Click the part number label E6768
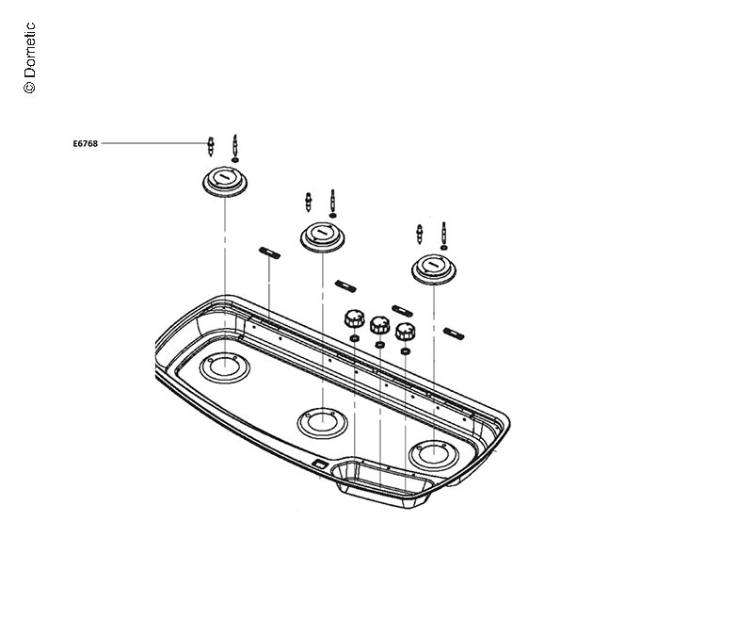coord(85,144)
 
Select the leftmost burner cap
coord(225,181)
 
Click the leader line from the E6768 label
coord(151,144)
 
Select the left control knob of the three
coord(354,317)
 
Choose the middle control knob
coord(379,325)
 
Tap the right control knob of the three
coord(406,332)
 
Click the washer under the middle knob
coord(379,346)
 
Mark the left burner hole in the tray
coord(225,368)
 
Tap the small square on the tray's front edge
coord(320,464)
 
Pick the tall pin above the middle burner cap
coord(332,200)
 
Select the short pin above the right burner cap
coord(419,234)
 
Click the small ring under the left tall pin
coord(234,160)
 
